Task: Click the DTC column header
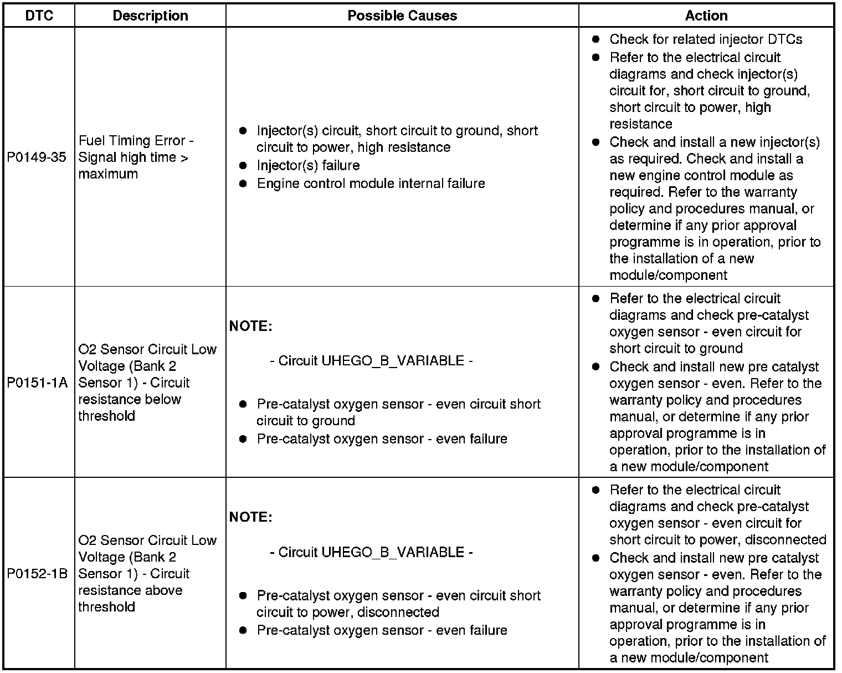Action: pos(39,16)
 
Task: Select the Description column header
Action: pos(150,16)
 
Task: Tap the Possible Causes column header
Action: pos(402,16)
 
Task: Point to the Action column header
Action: pos(706,16)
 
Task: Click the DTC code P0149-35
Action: pos(37,157)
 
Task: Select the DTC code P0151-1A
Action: pos(37,383)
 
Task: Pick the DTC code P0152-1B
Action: pos(37,574)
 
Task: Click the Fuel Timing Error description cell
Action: pos(136,157)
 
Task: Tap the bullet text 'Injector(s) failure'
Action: pos(308,166)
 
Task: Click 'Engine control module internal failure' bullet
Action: pos(371,183)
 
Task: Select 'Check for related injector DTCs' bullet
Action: pos(706,39)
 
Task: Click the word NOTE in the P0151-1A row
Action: pos(250,327)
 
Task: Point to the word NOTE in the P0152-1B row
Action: pos(250,517)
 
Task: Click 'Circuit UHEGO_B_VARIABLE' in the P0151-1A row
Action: pos(371,361)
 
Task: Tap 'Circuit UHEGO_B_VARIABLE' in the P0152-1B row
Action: pos(371,552)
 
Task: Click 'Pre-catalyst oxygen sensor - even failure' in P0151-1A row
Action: pos(382,439)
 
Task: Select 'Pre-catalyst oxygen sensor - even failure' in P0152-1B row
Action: pos(382,630)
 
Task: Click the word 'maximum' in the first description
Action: pos(108,174)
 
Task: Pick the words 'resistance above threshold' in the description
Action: pos(130,599)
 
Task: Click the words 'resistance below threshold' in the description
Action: pos(130,408)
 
